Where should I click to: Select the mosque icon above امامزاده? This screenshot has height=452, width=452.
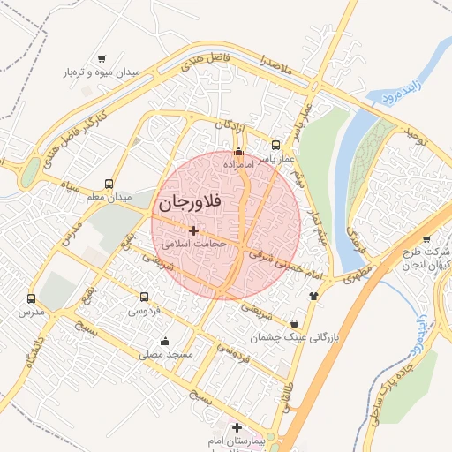point(237,151)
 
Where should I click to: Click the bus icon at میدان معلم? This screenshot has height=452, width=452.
point(109,184)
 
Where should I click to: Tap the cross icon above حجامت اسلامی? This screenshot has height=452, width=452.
point(193,230)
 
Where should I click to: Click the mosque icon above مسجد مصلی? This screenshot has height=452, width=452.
point(164,341)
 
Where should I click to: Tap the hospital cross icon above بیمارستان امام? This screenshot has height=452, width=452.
point(235,427)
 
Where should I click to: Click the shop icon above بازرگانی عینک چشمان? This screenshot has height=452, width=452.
point(293,323)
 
